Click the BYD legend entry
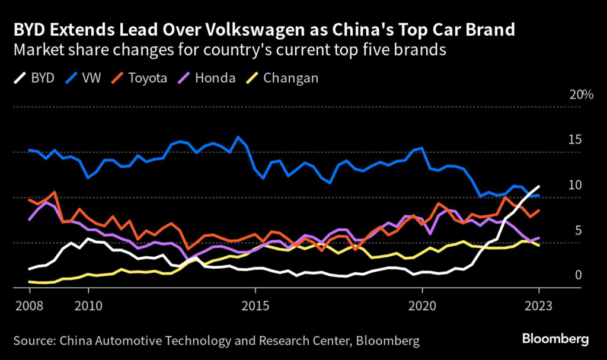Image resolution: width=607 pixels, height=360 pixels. (x=41, y=78)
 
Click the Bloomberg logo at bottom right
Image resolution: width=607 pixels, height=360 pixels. (x=555, y=339)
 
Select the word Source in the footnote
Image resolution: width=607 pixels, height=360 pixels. (x=32, y=340)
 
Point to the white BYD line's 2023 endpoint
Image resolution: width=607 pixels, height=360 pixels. (x=539, y=186)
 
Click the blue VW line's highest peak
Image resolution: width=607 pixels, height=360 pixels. (x=238, y=137)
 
